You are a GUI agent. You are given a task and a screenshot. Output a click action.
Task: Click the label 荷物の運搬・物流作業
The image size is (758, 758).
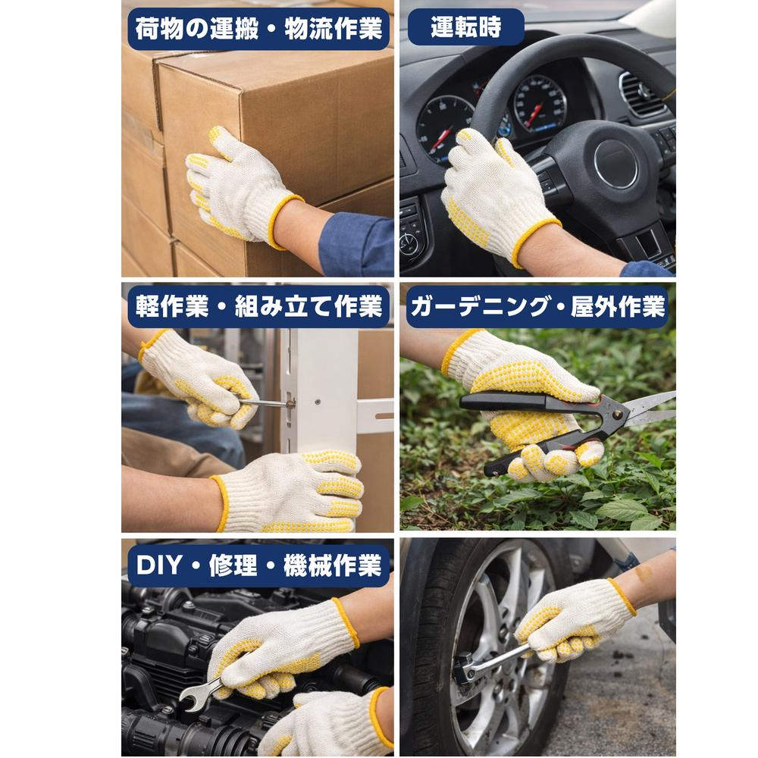pos(258,29)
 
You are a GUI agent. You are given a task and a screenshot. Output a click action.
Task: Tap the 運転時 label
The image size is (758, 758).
pos(465,27)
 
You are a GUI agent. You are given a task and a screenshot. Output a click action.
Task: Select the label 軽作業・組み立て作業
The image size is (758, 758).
pos(258,306)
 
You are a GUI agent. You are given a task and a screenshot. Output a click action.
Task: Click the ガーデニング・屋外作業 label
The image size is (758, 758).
pos(536,306)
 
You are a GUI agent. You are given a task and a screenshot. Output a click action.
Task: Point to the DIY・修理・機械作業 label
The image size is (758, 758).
pos(258,565)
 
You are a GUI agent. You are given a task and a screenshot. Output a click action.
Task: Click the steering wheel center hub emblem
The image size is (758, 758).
pos(615,163)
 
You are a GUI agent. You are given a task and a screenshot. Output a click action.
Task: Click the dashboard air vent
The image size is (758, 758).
pos(641,95)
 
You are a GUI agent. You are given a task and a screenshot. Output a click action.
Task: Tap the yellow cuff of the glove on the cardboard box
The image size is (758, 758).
pos(283,220)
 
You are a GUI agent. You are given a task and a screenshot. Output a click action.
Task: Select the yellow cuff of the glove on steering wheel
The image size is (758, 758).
pos(534,239)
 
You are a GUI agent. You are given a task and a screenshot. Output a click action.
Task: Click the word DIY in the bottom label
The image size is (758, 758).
pos(155,565)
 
